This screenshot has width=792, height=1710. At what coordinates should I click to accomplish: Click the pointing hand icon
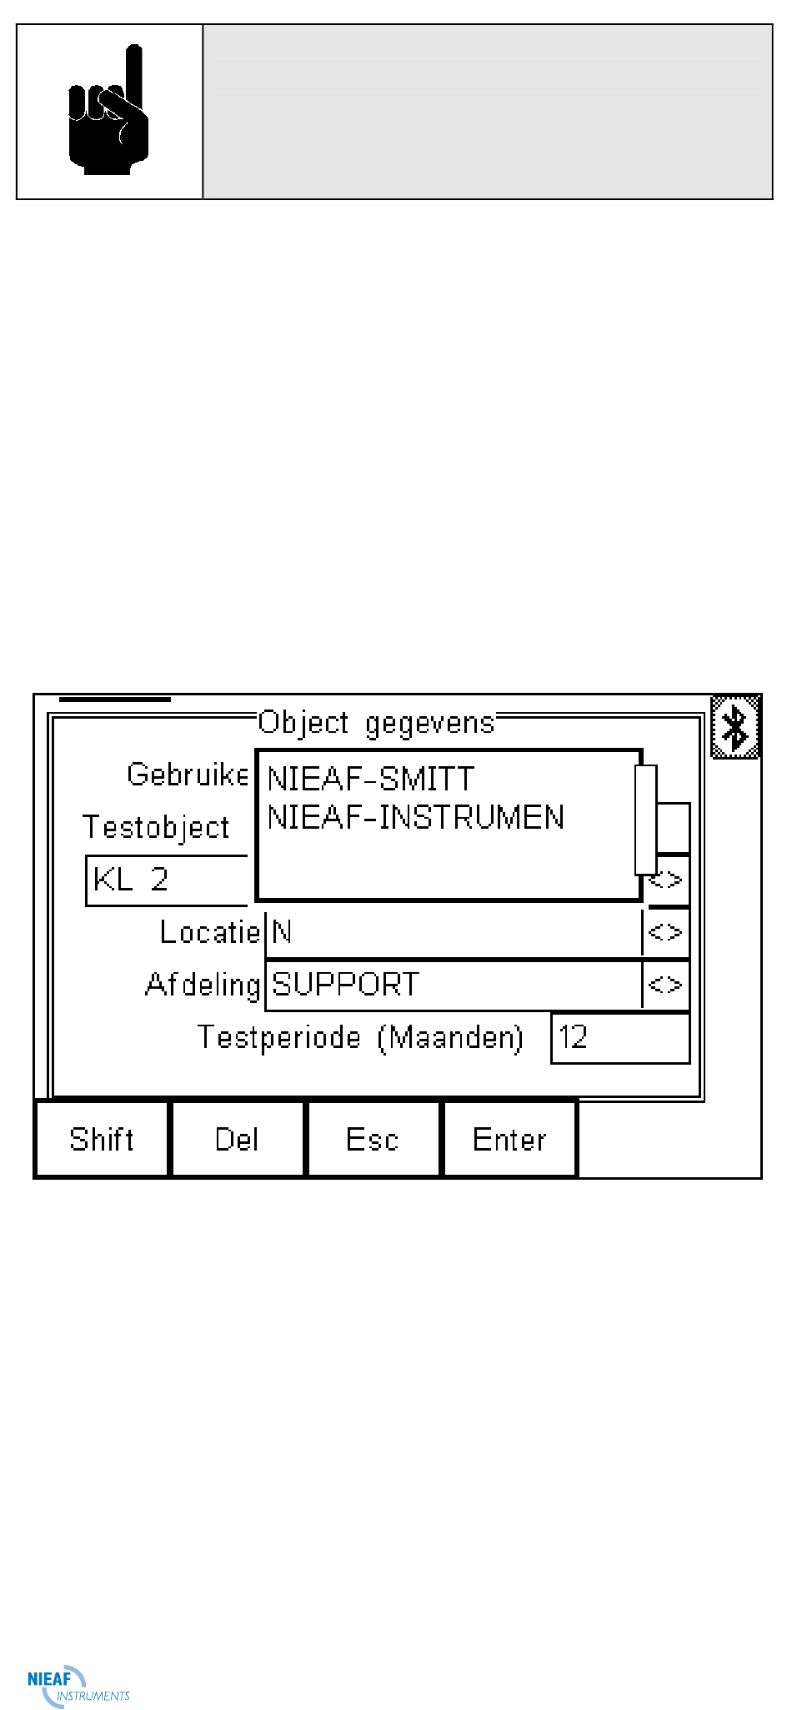(108, 112)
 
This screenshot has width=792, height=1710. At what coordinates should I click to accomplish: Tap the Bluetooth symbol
(735, 727)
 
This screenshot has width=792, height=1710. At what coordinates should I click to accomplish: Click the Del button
(238, 1139)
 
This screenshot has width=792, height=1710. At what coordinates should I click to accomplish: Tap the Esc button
(373, 1139)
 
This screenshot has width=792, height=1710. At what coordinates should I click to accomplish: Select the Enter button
(509, 1139)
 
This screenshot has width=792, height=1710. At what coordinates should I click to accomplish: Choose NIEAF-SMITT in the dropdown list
(371, 780)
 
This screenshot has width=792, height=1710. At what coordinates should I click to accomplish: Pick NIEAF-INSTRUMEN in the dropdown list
(415, 818)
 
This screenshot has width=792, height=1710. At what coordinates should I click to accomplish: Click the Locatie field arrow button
(665, 932)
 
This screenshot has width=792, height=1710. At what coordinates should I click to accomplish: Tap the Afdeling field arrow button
(665, 985)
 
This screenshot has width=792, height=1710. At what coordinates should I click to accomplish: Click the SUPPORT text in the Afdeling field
(346, 985)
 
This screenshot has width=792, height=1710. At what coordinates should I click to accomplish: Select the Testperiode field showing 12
(620, 1038)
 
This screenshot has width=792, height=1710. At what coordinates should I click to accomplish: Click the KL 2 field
(167, 880)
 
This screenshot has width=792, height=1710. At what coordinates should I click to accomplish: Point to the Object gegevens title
(376, 722)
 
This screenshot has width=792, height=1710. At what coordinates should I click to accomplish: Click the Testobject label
(156, 827)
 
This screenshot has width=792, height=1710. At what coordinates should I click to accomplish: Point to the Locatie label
(210, 932)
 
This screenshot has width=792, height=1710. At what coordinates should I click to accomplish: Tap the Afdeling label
(203, 985)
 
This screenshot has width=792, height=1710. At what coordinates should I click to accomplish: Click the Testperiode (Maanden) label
(360, 1038)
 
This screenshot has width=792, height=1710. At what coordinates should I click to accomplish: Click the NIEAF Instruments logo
(78, 1685)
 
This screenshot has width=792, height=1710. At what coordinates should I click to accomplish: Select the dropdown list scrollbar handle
(646, 819)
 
